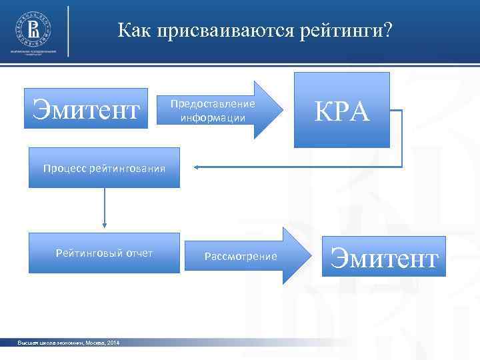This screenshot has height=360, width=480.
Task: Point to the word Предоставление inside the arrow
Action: [212, 104]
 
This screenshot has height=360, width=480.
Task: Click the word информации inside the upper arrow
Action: [211, 118]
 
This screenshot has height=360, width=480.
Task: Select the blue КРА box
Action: [343, 110]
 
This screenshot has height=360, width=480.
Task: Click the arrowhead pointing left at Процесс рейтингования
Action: [199, 167]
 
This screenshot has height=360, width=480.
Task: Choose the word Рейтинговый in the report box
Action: [87, 253]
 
